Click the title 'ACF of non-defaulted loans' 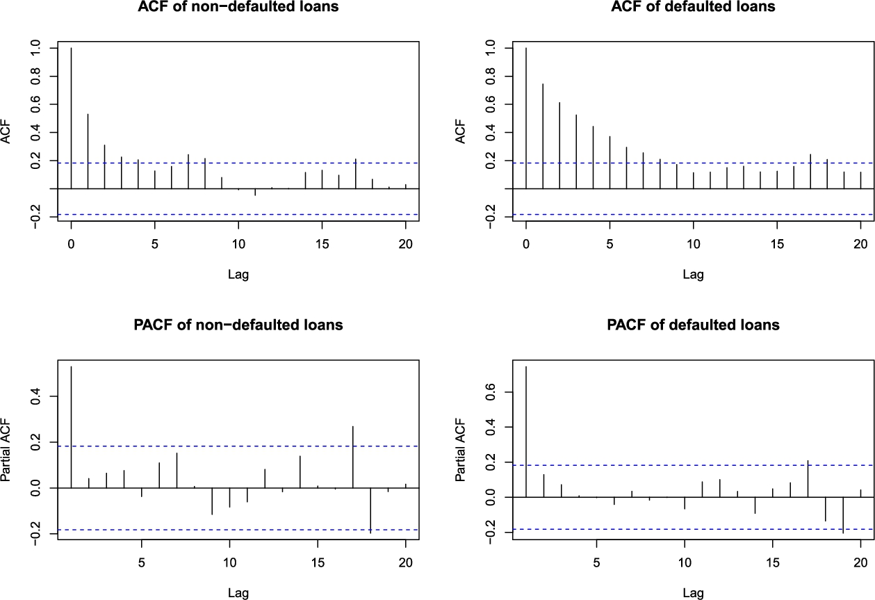point(238,8)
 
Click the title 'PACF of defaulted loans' point(693,325)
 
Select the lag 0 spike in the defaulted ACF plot point(526,118)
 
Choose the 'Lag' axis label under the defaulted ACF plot point(693,274)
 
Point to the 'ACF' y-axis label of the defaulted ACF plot point(461,131)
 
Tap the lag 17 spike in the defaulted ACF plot point(810,171)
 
